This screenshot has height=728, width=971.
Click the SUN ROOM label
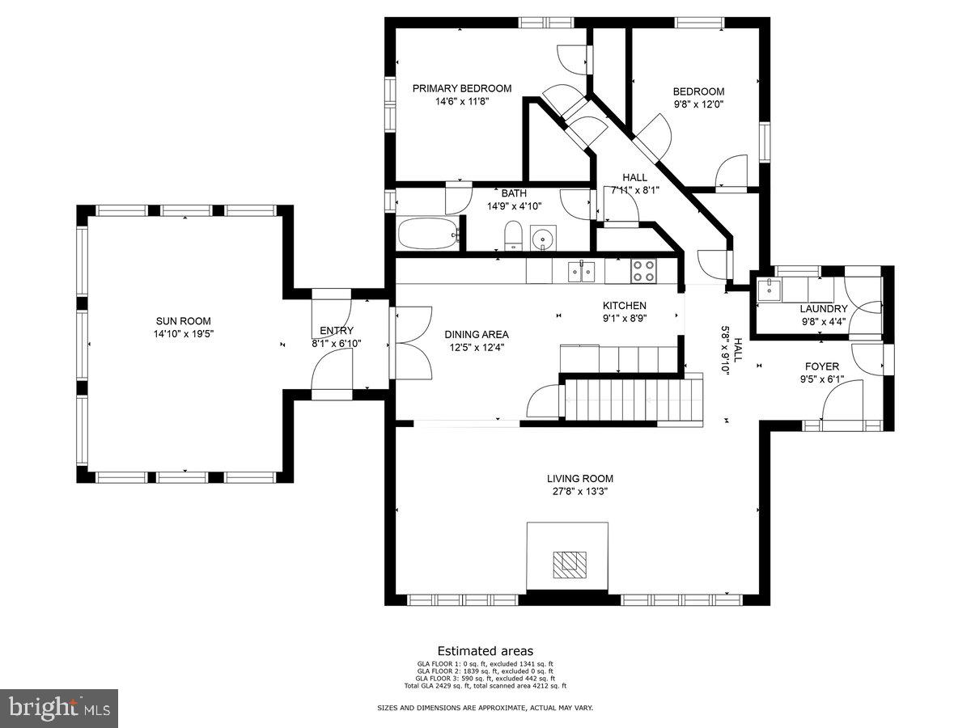coord(183,321)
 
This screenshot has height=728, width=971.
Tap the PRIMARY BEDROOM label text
coord(462,89)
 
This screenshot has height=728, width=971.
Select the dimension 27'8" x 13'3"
coord(579,491)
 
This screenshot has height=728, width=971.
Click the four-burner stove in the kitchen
coord(643,270)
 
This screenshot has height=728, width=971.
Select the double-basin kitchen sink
coord(581,271)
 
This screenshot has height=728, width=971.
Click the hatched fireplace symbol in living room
coord(566,564)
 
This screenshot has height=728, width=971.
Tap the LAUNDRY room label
coord(824,309)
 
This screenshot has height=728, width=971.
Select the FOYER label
coord(821,366)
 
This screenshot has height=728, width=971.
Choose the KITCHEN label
coord(624,306)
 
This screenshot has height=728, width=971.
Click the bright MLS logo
coord(59,709)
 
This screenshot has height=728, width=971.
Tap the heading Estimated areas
coord(485,650)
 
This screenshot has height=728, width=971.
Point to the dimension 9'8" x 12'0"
coord(698,104)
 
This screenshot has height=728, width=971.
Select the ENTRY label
coord(336,331)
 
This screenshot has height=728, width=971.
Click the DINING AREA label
coord(477,334)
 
